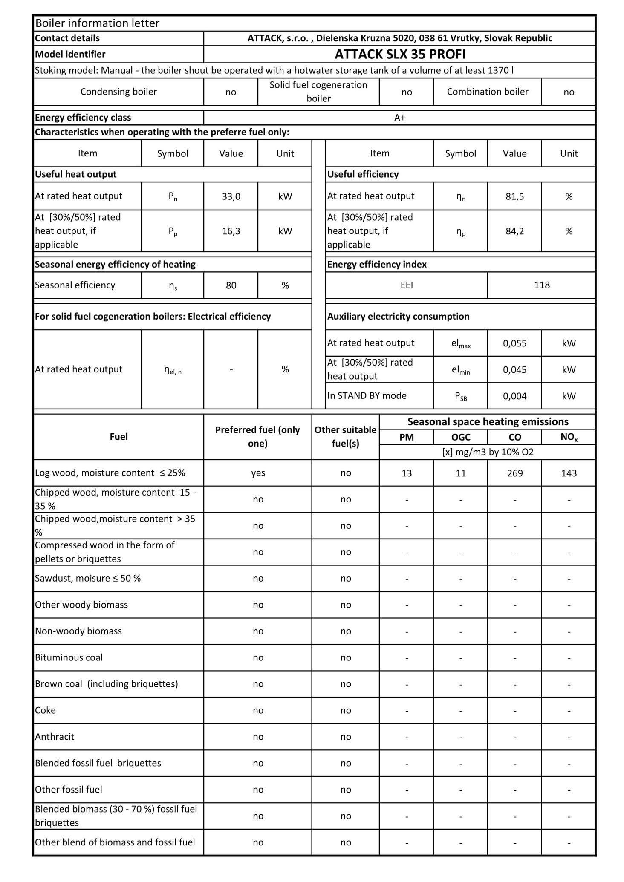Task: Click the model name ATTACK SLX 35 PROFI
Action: tap(399, 54)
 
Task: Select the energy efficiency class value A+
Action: tap(399, 118)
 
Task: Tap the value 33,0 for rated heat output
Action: tap(231, 196)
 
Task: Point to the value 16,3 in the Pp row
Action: tap(231, 231)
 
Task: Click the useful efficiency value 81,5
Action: tap(514, 196)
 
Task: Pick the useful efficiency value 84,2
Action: tap(514, 231)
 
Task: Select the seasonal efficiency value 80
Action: tap(231, 285)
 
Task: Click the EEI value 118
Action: tap(542, 285)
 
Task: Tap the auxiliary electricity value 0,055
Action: tap(514, 343)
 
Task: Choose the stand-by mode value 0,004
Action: tap(514, 396)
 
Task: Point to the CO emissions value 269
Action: tap(515, 473)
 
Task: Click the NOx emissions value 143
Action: tap(569, 473)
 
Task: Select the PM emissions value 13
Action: tap(407, 473)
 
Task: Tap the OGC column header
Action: tap(461, 437)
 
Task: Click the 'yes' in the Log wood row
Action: tap(258, 473)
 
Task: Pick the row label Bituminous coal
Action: tap(69, 657)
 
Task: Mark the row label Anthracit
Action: tap(55, 737)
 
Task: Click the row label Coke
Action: tap(45, 710)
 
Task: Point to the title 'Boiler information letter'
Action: tap(97, 23)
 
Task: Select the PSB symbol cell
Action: tap(461, 396)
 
